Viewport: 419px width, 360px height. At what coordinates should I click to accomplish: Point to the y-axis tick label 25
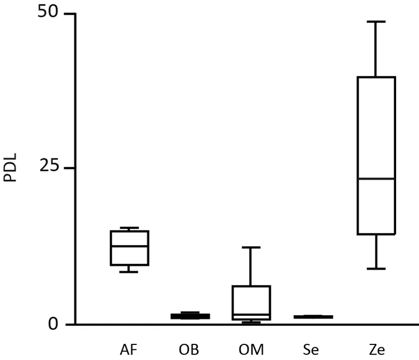[x=49, y=167]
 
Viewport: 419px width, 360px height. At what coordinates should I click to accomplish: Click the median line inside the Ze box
[x=375, y=178]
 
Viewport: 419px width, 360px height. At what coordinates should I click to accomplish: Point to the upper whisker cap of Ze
[x=375, y=21]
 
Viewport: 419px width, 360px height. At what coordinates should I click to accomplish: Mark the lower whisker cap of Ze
[x=375, y=268]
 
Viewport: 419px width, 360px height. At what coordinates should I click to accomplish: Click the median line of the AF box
[x=130, y=246]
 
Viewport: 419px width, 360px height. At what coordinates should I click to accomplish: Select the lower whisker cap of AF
[x=130, y=272]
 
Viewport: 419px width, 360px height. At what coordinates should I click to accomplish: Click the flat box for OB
[x=190, y=316]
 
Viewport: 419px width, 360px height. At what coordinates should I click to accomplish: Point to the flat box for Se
[x=313, y=316]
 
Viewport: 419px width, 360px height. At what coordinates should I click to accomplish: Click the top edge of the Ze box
[x=375, y=77]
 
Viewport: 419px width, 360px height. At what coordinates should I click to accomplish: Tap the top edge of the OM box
[x=251, y=286]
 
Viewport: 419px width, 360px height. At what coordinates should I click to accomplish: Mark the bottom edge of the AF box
[x=130, y=265]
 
